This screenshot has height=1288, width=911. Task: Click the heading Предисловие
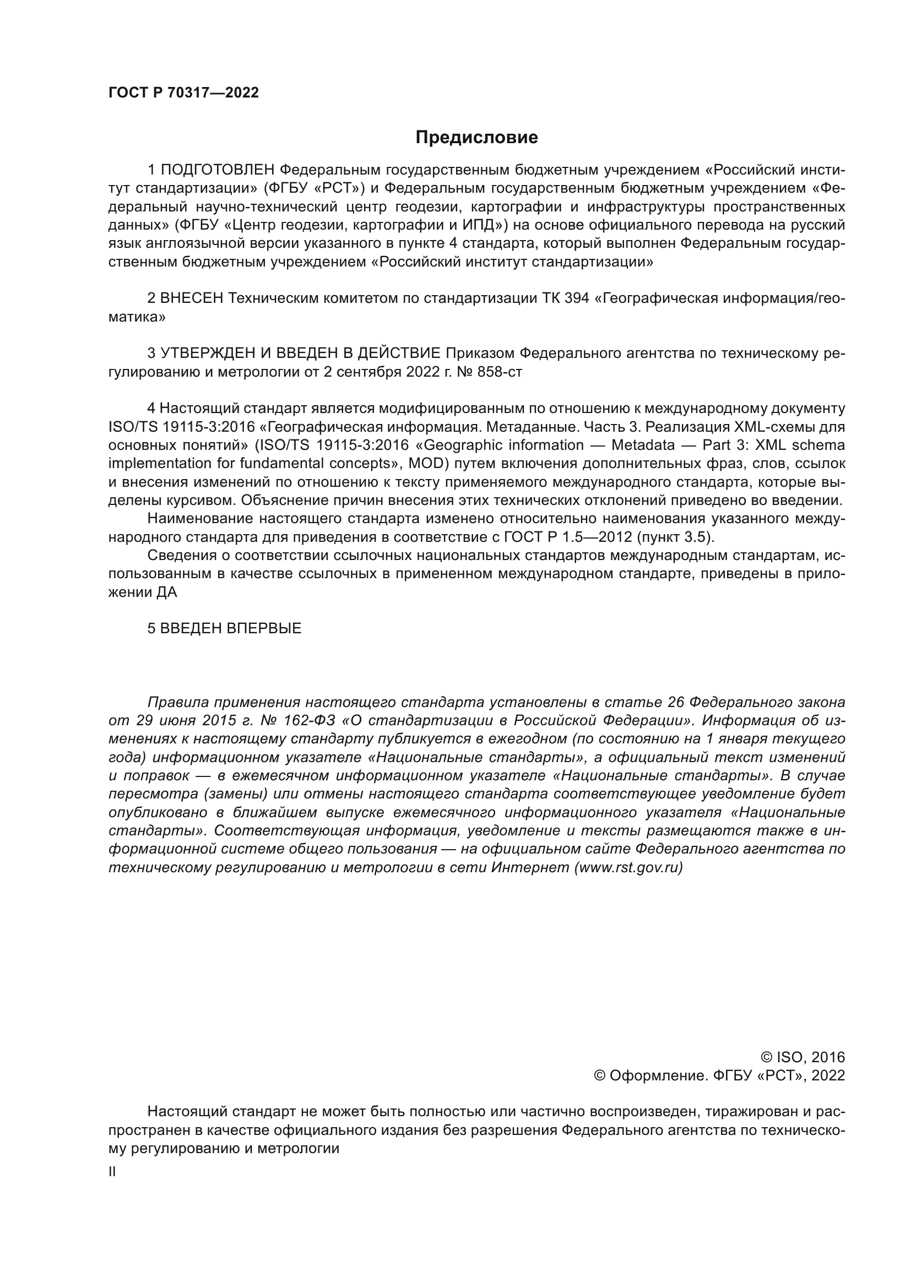point(476,138)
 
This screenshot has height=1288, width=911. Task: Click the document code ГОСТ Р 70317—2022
point(183,93)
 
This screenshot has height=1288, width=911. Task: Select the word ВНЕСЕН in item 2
point(192,298)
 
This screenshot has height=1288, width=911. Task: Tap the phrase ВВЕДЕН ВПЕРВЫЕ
point(231,628)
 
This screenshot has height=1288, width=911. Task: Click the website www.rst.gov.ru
point(628,868)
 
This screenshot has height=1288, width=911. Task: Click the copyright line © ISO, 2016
point(802,1057)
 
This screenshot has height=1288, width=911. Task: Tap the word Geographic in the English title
point(458,445)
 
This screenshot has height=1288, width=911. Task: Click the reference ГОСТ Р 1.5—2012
point(568,537)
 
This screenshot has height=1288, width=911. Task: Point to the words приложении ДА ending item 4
point(143,593)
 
